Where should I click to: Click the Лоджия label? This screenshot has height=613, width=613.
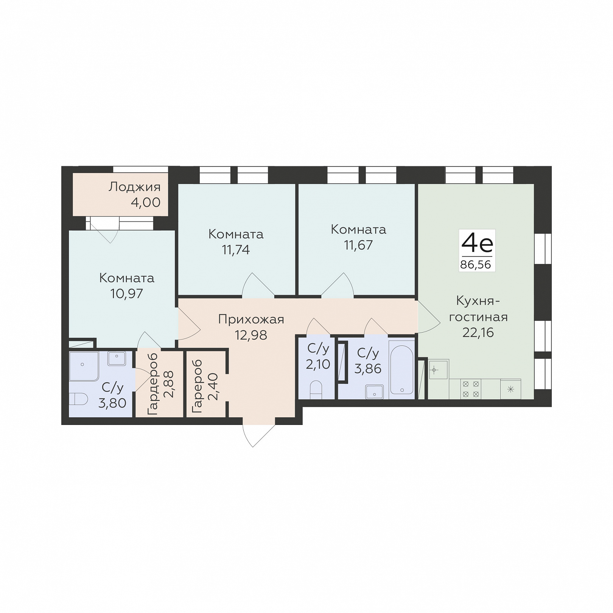pos(134,187)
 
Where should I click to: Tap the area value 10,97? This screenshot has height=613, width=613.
pos(126,293)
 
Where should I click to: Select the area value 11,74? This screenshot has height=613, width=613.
pos(236,250)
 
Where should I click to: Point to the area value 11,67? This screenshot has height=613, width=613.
pos(358,245)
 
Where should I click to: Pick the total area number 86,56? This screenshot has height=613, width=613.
pos(476,264)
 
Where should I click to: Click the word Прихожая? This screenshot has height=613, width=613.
pos(251,319)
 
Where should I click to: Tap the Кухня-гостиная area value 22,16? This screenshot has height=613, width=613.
pos(478,332)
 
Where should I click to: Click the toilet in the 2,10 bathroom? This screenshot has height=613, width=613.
pos(316,390)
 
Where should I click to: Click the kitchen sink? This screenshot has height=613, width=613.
pos(439,369)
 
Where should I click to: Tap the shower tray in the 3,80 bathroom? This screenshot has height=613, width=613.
pos(84,366)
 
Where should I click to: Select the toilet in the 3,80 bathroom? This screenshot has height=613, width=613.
pos(78,398)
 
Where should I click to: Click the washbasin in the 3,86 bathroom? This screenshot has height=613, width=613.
pos(375,392)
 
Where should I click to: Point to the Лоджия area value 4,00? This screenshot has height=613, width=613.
pos(146,202)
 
